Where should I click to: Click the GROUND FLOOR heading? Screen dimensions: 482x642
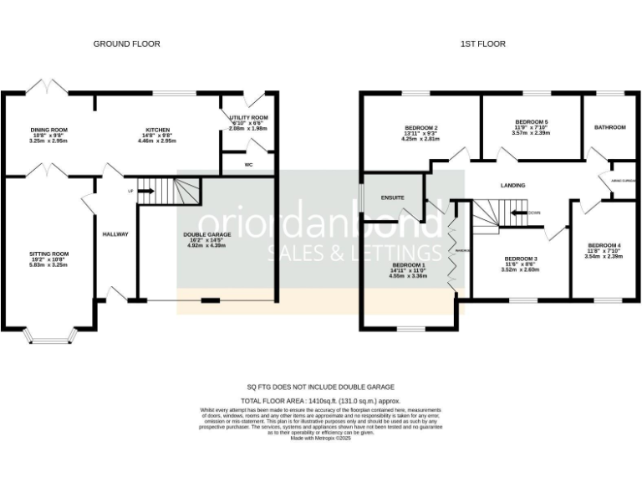[x=126, y=44]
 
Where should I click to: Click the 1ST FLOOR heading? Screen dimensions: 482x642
[x=483, y=44]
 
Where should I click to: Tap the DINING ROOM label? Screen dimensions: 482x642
[x=48, y=130]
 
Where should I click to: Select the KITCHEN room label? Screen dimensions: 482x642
[x=158, y=130]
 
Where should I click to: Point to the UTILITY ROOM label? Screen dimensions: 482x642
[x=248, y=118]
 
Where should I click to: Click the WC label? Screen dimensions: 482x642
[x=248, y=165]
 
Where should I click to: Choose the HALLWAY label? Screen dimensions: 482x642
[x=115, y=234]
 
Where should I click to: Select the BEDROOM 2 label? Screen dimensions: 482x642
[x=420, y=128]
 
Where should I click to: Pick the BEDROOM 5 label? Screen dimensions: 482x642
[x=531, y=121]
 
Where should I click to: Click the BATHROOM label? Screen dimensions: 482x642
[x=609, y=127]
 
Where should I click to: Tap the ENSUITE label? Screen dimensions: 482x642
[x=392, y=197]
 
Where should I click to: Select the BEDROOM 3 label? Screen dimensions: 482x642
[x=519, y=259]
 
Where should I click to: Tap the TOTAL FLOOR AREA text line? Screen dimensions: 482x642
[x=320, y=402]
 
